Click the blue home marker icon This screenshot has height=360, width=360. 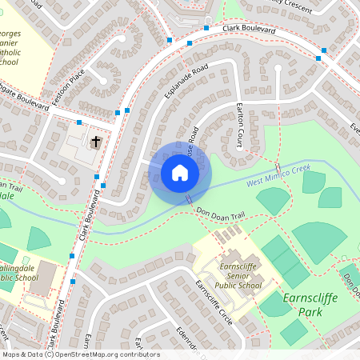179,172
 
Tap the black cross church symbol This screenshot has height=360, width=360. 96,142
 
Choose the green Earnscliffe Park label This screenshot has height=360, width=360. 312,305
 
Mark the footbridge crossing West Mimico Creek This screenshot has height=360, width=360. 189,198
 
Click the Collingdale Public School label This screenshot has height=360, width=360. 16,272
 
